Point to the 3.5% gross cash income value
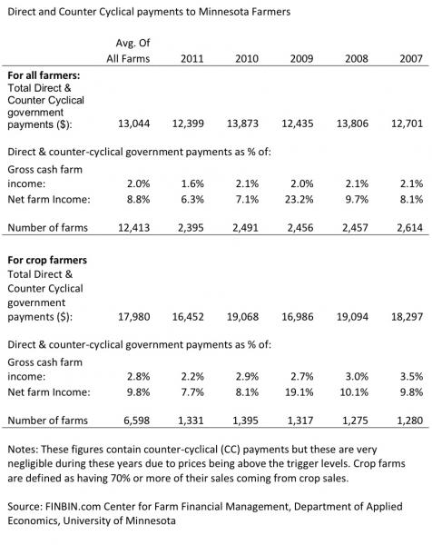pyautogui.click(x=409, y=374)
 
